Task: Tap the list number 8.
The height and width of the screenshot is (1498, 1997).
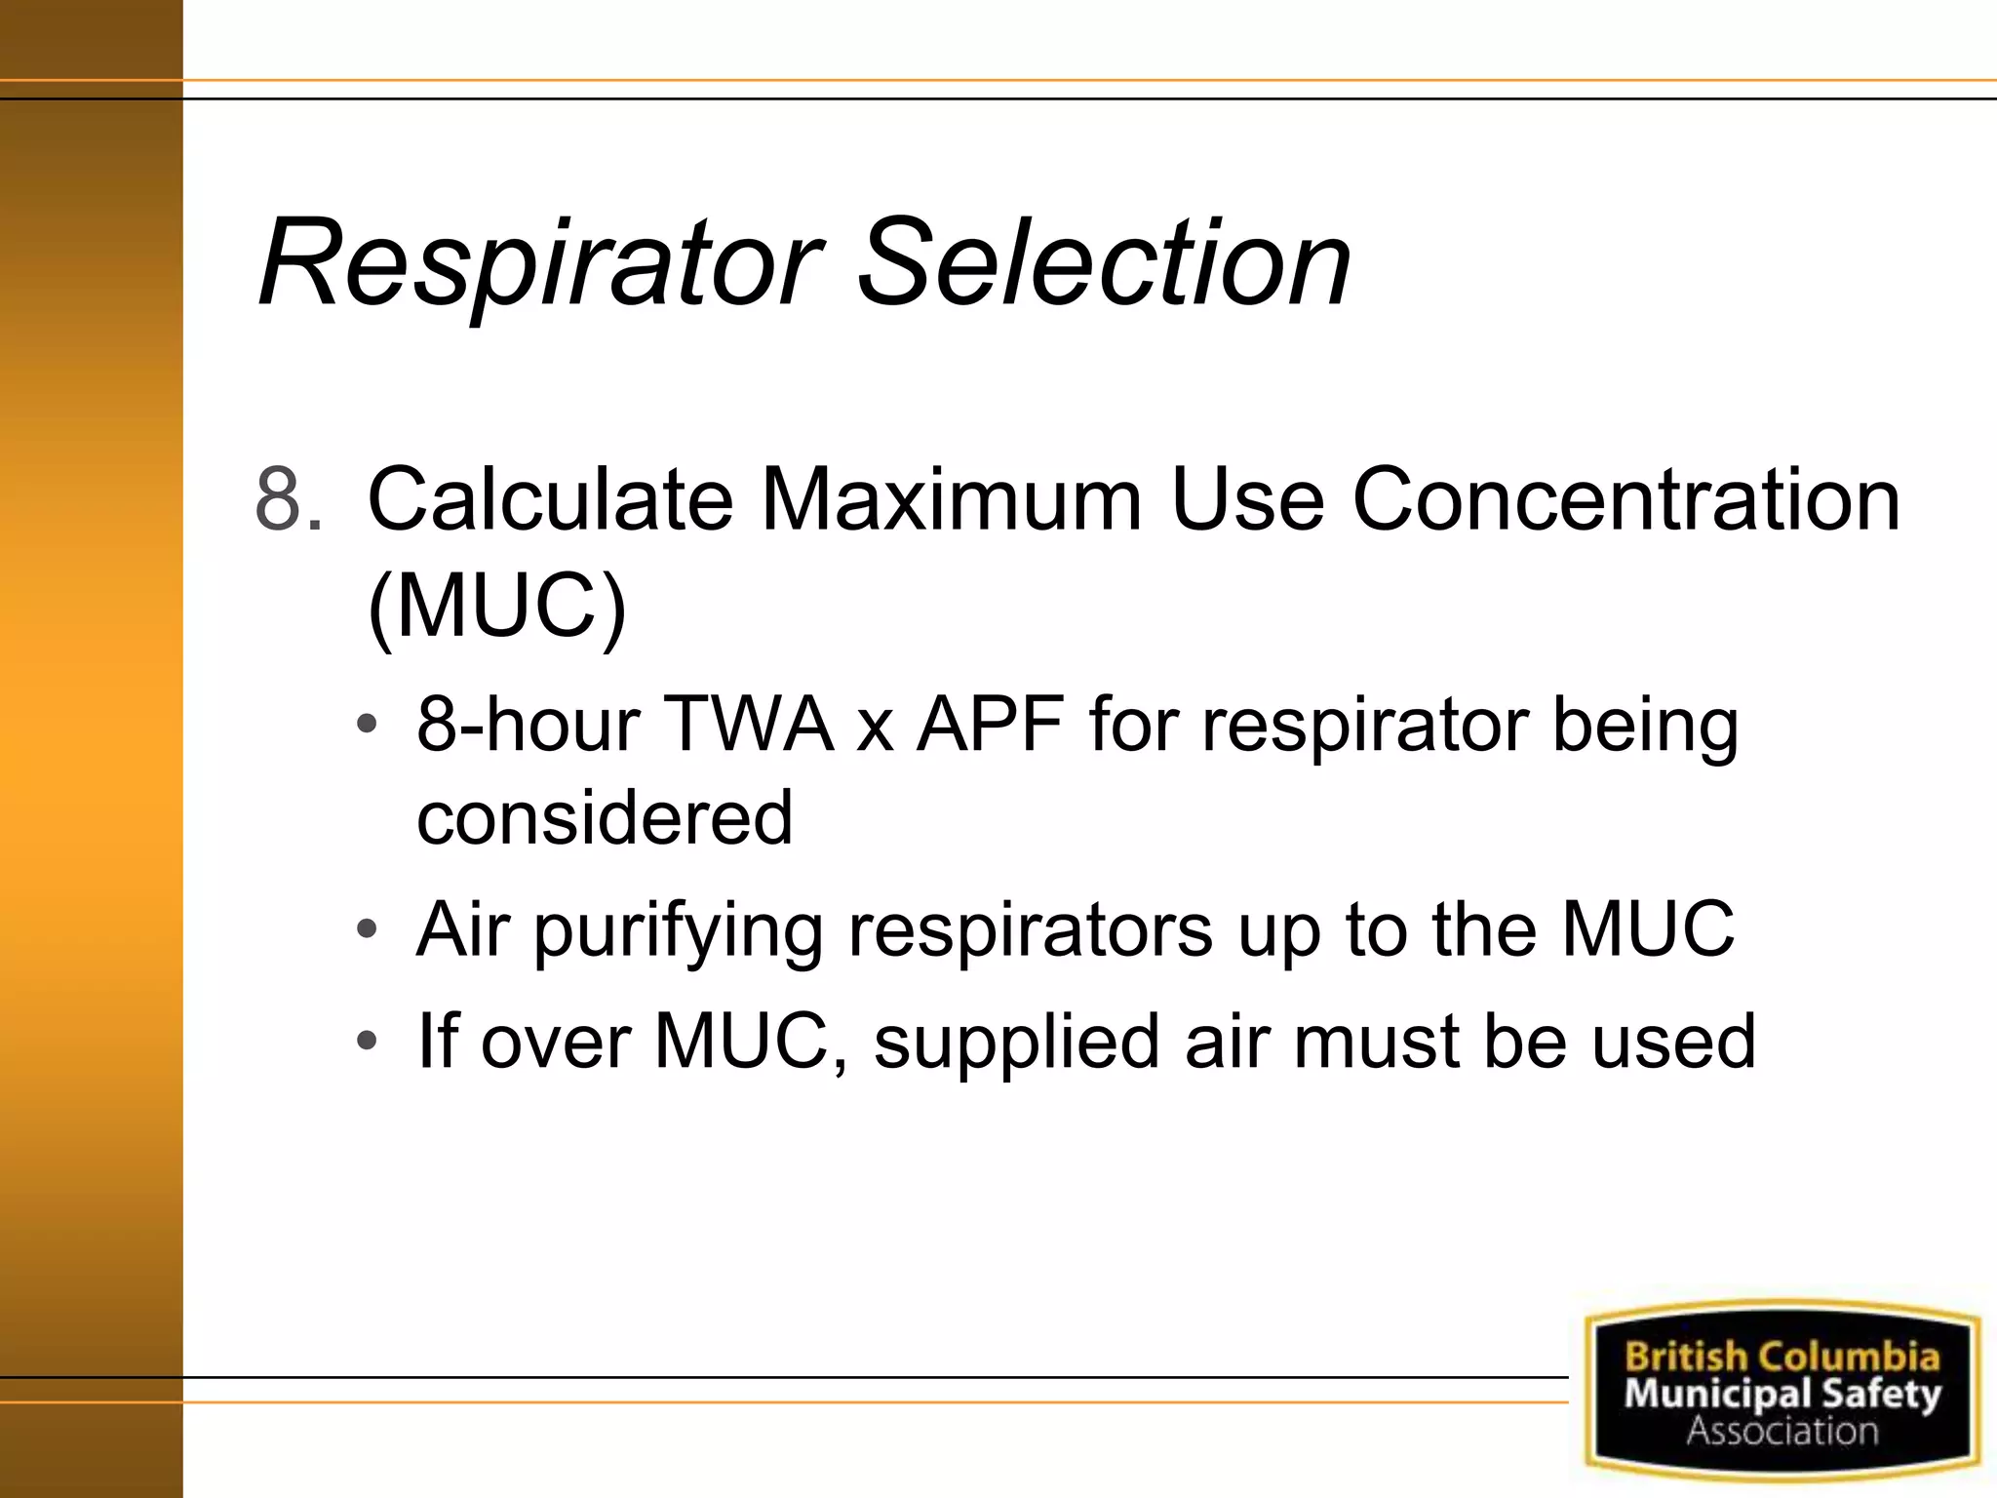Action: (289, 499)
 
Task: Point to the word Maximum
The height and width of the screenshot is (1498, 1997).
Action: (951, 499)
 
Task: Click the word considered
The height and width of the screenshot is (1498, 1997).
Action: (605, 817)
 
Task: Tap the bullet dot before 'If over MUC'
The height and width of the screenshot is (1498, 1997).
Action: (367, 1042)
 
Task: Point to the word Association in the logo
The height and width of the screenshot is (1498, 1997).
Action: (1782, 1432)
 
